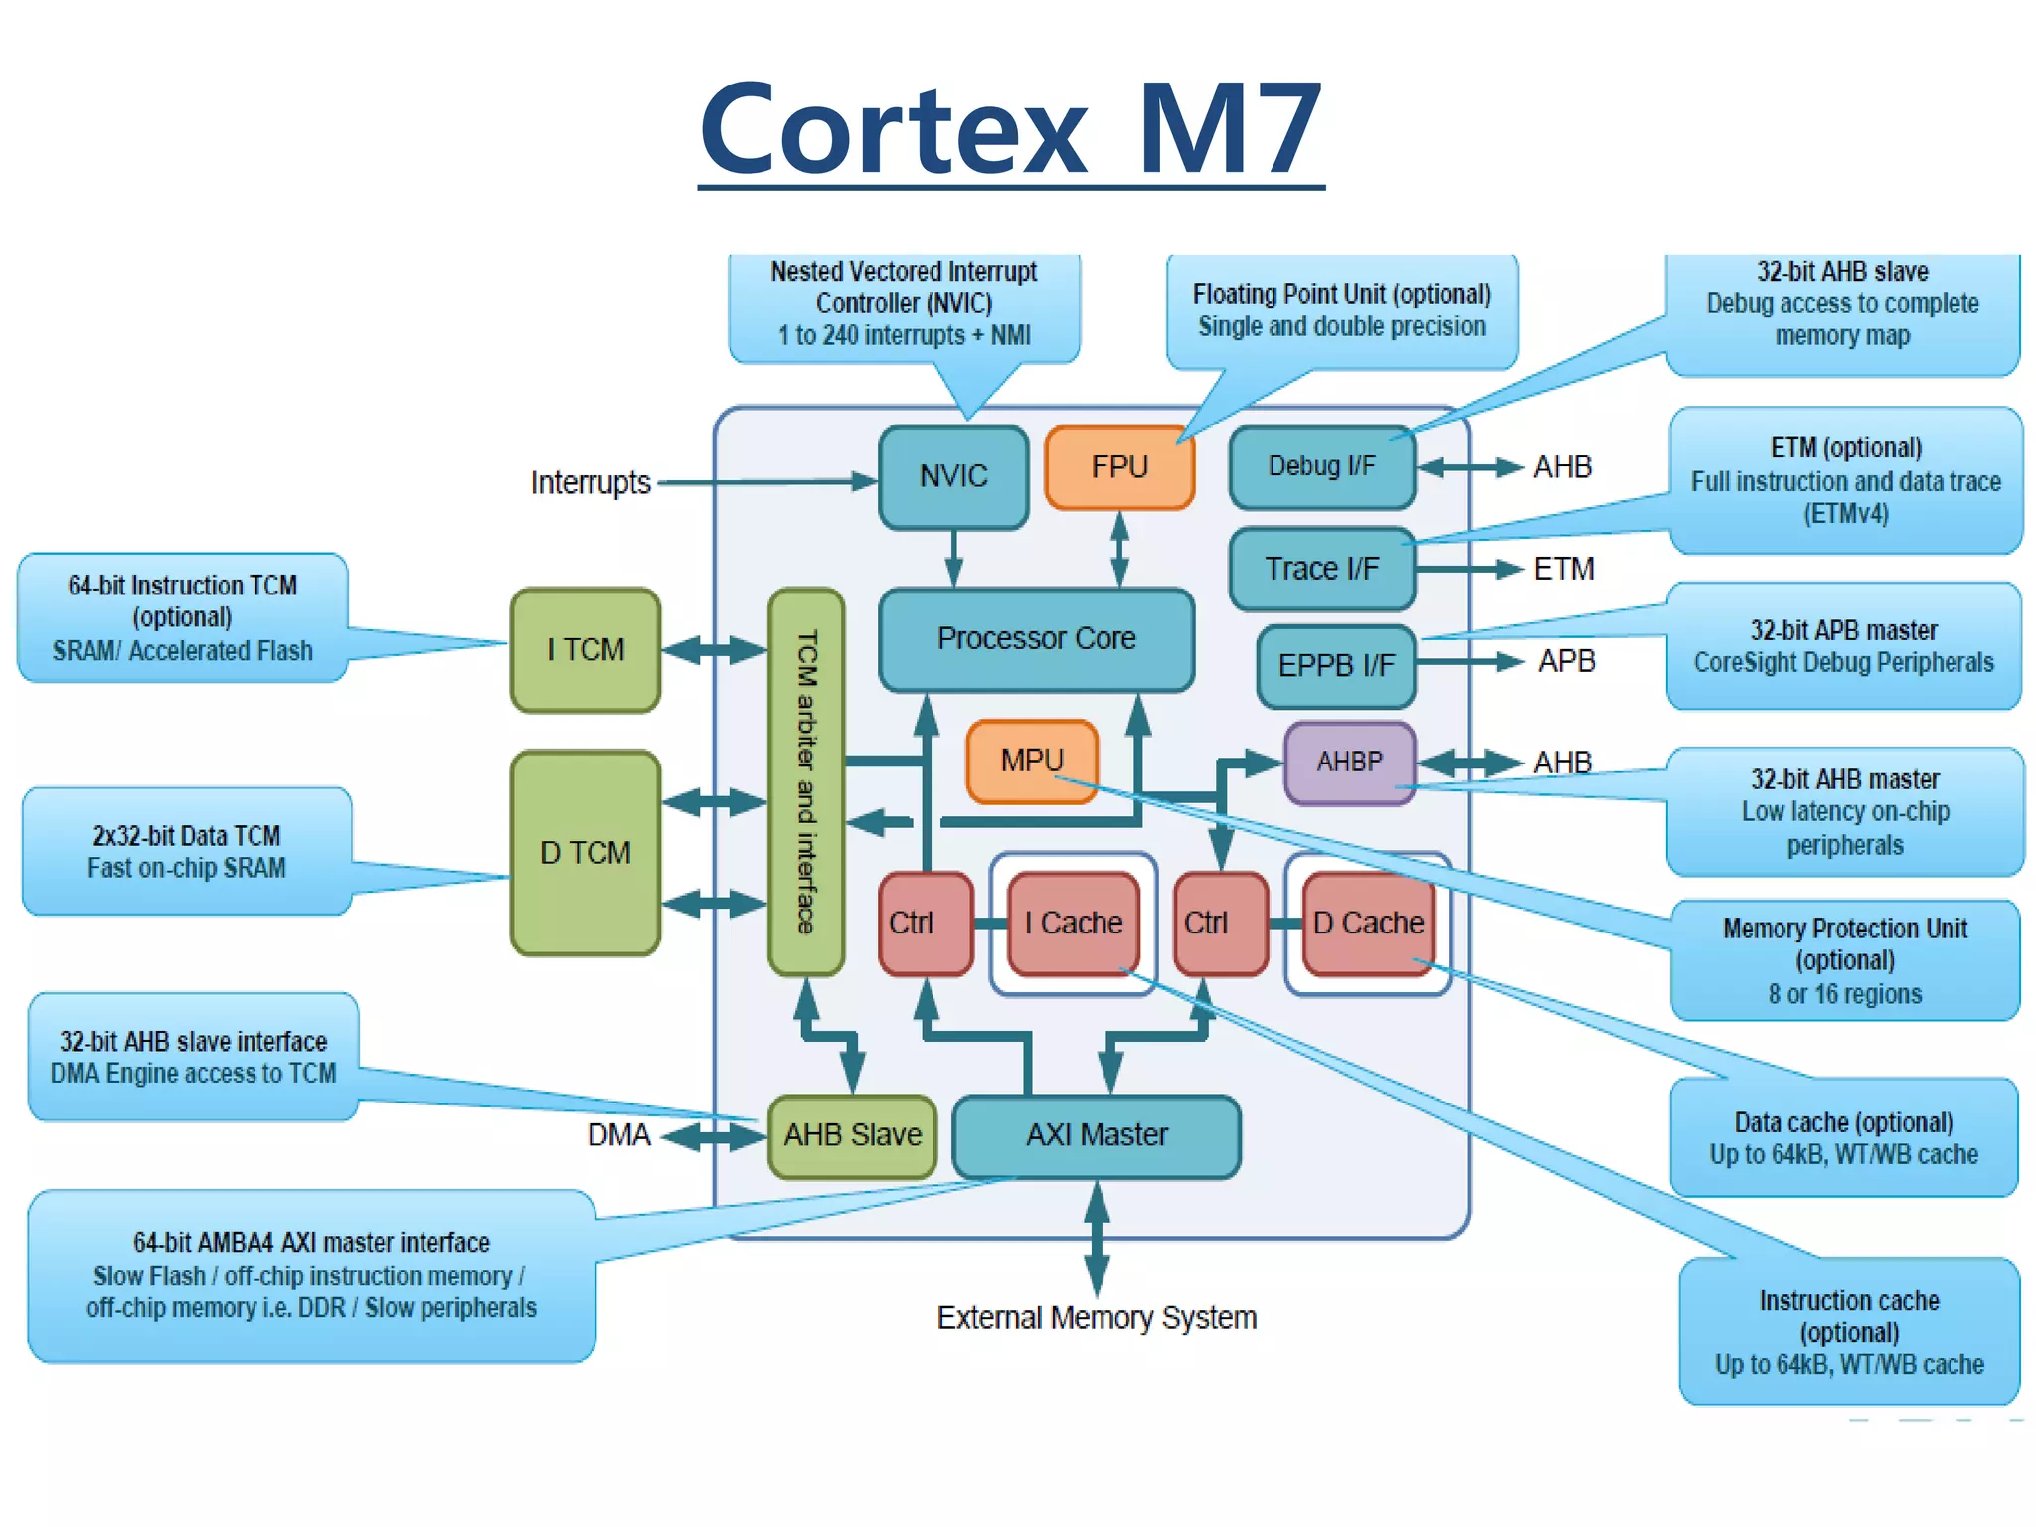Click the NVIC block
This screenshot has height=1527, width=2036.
click(x=952, y=476)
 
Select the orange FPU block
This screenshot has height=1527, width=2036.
click(x=1118, y=467)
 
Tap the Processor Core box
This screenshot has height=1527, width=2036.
click(x=1036, y=638)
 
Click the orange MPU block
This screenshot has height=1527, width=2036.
click(x=1032, y=761)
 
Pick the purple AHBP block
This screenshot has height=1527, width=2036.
click(x=1349, y=763)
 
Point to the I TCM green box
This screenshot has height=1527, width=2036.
click(x=585, y=649)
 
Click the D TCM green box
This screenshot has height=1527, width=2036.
click(x=585, y=852)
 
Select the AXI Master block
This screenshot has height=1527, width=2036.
click(x=1096, y=1135)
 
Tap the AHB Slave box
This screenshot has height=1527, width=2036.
click(x=852, y=1135)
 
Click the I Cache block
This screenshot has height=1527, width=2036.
click(x=1073, y=923)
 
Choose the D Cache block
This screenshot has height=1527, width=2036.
click(x=1367, y=923)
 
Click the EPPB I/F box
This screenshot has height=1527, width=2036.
click(x=1336, y=665)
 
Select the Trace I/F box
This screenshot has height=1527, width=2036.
click(x=1321, y=569)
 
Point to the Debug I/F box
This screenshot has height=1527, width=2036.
click(x=1321, y=466)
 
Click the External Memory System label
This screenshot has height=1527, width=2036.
click(x=1096, y=1318)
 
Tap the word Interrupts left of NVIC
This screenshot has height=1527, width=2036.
click(x=590, y=483)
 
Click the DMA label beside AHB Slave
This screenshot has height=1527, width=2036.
click(x=617, y=1135)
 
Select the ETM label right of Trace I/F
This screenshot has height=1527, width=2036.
click(x=1563, y=569)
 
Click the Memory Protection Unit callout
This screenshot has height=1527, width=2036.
click(x=1844, y=960)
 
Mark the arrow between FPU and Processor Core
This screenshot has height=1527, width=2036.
click(x=1119, y=549)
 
